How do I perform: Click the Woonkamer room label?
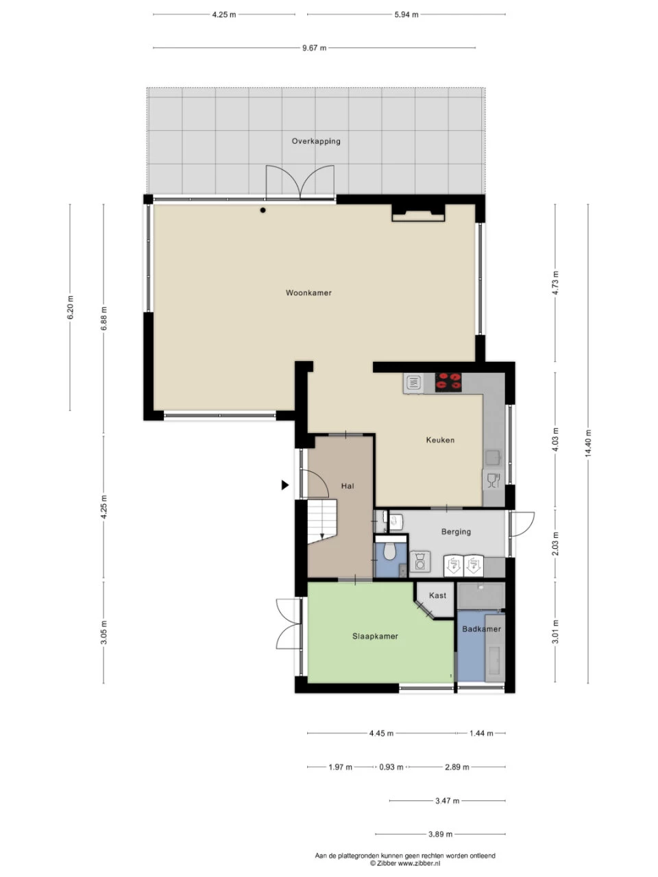coord(308,293)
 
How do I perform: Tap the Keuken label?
coord(440,440)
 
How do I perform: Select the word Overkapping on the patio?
coord(315,141)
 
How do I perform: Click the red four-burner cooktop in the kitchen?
coord(448,382)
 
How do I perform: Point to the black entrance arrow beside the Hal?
coord(285,485)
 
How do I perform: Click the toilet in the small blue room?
coord(389,552)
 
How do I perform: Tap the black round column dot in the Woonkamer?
coord(263,210)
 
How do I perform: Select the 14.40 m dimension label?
coord(587,443)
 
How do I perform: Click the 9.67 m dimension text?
coord(314,48)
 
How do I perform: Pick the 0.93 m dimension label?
coord(391,767)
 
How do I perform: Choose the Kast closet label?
coord(437,595)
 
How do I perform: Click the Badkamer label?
coord(481,629)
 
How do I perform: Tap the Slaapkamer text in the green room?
coord(375,636)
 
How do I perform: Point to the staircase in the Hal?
coord(322,521)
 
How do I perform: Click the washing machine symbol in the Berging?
coord(420,561)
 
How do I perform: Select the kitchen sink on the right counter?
coord(493,458)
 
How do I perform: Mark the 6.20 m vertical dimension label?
coord(71,307)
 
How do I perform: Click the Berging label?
coord(456,532)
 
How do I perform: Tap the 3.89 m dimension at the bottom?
coord(440,835)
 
